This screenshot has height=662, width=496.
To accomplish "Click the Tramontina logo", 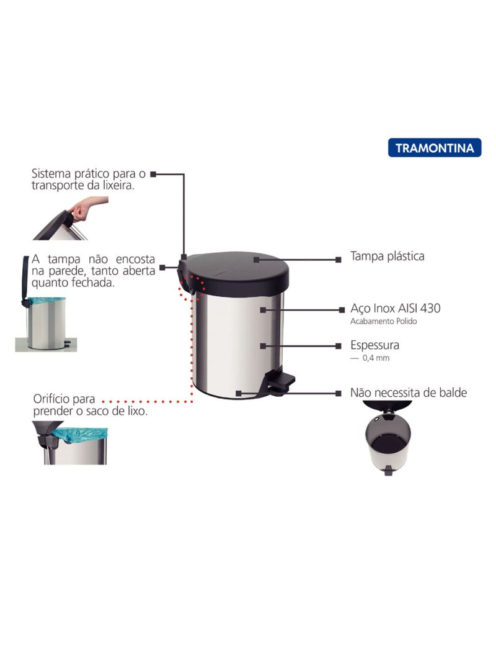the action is point(435,148).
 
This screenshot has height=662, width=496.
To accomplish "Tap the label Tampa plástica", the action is point(387,256).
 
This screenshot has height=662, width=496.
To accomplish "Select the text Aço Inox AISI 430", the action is point(396,308).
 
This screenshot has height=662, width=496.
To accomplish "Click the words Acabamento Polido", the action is point(384,321).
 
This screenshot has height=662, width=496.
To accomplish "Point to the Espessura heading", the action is point(374,345).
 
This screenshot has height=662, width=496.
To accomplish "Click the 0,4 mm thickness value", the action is point(376,358).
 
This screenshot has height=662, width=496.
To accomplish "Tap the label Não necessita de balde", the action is point(409,393).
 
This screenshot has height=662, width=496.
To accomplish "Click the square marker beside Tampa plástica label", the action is point(339,260).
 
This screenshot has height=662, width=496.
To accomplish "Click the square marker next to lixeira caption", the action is point(153,174).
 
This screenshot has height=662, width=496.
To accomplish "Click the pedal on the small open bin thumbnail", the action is point(388,471).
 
